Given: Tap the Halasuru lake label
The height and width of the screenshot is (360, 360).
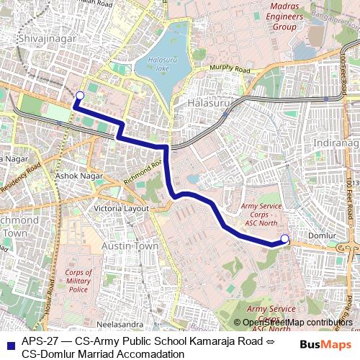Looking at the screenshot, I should tap(158, 64).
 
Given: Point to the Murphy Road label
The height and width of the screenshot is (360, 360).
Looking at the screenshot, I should tap(229, 70).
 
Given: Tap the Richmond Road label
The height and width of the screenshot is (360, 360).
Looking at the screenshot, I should tap(143, 174).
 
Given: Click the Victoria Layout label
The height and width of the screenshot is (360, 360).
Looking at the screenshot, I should tap(116, 209).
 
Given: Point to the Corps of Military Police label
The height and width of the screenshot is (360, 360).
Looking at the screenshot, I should tap(78, 281).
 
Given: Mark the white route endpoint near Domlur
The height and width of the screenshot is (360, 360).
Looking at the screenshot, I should tap(284, 239).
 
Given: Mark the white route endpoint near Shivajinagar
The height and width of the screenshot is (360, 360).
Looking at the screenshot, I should tap(79, 96).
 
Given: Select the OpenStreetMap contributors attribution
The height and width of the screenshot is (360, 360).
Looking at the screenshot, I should tap(297, 322).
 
